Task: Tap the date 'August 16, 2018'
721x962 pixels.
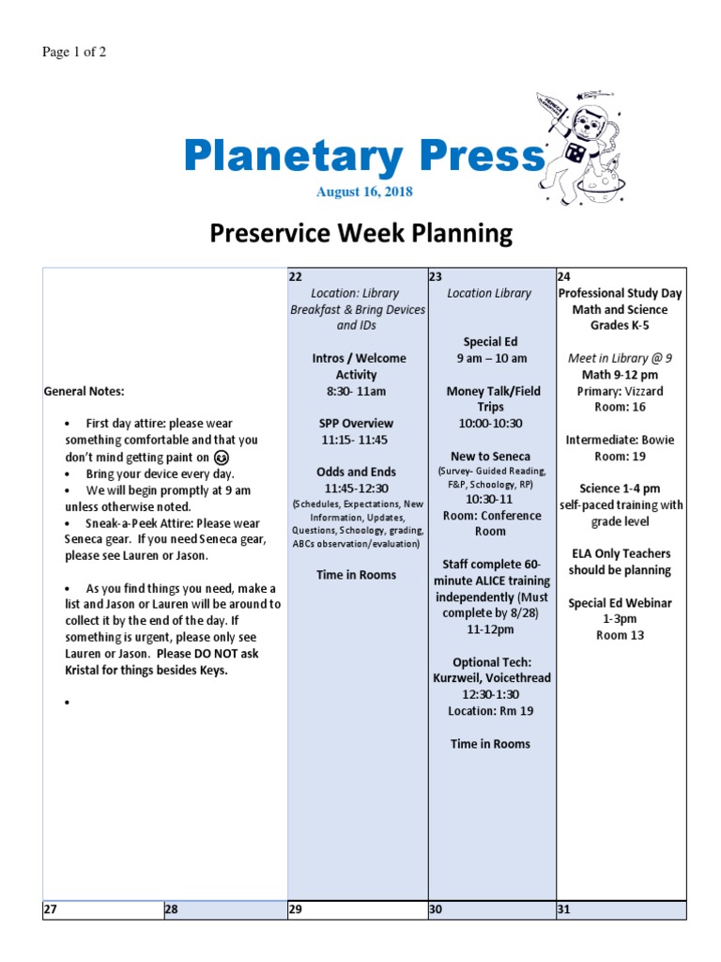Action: pyautogui.click(x=364, y=192)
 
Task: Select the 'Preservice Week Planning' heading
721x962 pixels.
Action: pyautogui.click(x=361, y=232)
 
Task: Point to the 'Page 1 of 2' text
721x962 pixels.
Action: pyautogui.click(x=74, y=52)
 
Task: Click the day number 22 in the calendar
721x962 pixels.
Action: pyautogui.click(x=296, y=276)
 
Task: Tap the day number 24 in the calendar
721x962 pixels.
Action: pyautogui.click(x=564, y=276)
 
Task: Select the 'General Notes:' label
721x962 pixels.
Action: pyautogui.click(x=84, y=391)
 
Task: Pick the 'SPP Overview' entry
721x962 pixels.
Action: pyautogui.click(x=356, y=423)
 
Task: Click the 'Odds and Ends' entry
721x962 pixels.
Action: pyautogui.click(x=356, y=472)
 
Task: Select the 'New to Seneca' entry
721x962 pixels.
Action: pyautogui.click(x=490, y=457)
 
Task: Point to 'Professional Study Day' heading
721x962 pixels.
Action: pyautogui.click(x=620, y=293)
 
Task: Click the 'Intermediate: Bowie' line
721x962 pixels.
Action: pyautogui.click(x=620, y=440)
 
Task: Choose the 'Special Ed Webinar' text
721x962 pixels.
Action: pyautogui.click(x=620, y=603)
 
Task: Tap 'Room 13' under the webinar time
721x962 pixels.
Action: pyautogui.click(x=620, y=635)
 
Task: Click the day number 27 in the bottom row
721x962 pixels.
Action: pyautogui.click(x=51, y=909)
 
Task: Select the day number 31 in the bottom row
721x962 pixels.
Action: pyautogui.click(x=564, y=909)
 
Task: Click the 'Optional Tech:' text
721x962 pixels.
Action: pyautogui.click(x=491, y=661)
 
